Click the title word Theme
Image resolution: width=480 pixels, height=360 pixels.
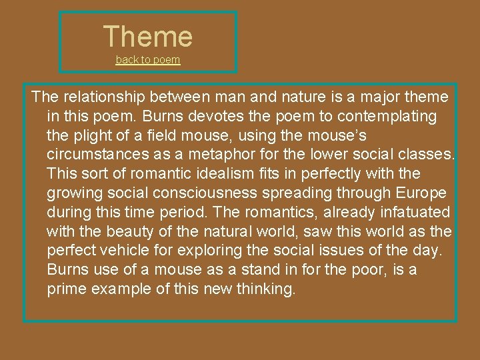tap(148, 36)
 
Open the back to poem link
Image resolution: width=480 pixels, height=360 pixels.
tap(148, 59)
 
